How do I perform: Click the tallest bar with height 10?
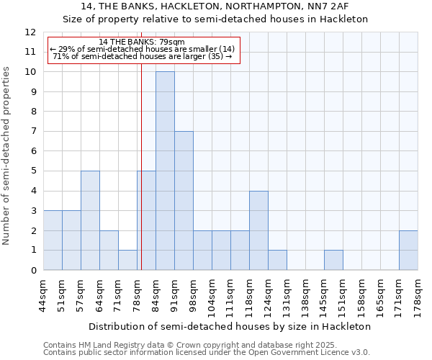[165, 171]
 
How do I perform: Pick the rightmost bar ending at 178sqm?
[408, 250]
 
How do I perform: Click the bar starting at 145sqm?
[333, 260]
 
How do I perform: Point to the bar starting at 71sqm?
[127, 260]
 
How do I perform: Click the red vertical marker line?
[142, 180]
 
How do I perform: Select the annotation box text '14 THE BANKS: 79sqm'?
[142, 42]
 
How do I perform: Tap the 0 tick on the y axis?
[33, 270]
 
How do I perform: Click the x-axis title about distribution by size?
[230, 326]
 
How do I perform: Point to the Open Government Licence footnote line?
[207, 353]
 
